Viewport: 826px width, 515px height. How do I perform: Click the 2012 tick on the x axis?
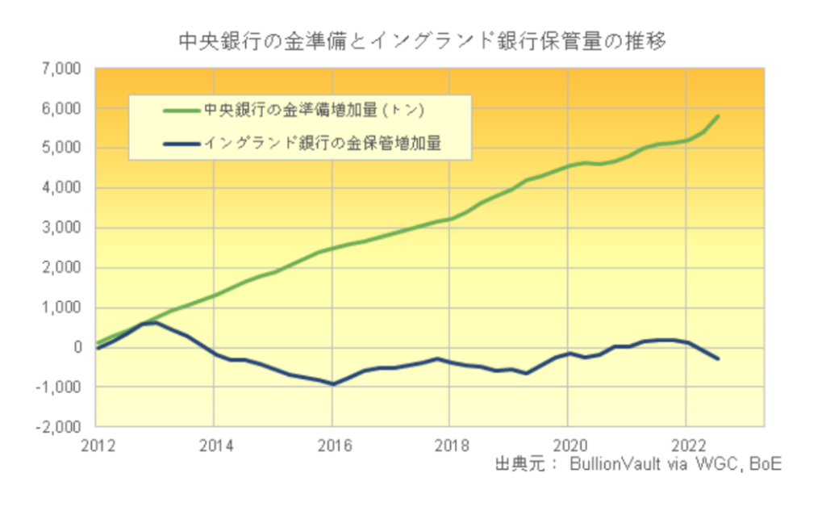click(96, 444)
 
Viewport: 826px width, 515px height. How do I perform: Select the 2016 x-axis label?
click(332, 444)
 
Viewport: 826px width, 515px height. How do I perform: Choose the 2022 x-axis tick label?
click(685, 444)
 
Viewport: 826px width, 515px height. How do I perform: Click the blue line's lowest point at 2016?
click(332, 384)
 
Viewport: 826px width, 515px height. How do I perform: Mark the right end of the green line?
click(718, 116)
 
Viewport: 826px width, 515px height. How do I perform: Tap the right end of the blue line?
click(718, 359)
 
